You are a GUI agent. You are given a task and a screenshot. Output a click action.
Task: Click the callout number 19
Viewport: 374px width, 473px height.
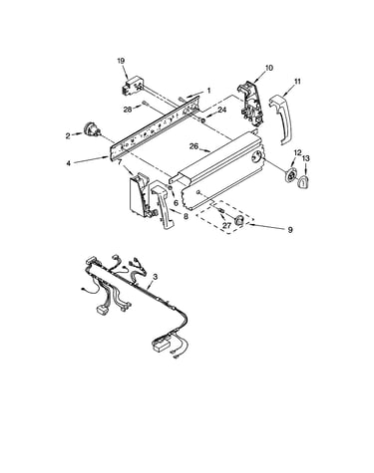click(121, 61)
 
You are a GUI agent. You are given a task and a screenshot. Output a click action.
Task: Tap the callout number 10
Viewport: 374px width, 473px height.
click(269, 68)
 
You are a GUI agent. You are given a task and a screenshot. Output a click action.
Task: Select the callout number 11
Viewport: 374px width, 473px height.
click(297, 81)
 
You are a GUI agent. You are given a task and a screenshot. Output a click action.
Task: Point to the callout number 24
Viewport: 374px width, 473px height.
click(221, 110)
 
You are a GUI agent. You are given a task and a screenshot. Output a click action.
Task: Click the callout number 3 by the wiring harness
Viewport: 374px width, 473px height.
click(155, 276)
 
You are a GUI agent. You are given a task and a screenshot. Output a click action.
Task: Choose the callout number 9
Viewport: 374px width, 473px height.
click(290, 229)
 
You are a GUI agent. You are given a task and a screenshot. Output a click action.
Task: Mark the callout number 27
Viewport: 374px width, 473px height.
click(226, 225)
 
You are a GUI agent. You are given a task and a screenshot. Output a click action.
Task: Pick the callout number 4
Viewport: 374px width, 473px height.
click(68, 163)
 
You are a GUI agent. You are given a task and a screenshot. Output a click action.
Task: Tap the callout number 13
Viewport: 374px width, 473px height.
click(306, 159)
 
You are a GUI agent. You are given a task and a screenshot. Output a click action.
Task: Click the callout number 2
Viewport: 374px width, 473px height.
click(68, 135)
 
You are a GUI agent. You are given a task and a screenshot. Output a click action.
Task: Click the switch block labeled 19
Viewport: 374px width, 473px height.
click(132, 86)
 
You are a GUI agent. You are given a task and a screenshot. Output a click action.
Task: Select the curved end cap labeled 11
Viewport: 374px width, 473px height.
click(281, 119)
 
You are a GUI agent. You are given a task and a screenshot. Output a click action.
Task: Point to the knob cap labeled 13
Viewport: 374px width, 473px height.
click(304, 182)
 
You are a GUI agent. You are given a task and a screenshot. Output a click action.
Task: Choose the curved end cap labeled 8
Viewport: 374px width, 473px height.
click(163, 204)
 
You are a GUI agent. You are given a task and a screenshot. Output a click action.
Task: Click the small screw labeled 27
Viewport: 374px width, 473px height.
click(220, 211)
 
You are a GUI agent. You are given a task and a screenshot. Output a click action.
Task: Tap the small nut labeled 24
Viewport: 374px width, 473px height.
click(202, 119)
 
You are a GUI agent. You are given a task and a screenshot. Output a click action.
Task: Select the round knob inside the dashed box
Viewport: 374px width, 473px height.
click(238, 220)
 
